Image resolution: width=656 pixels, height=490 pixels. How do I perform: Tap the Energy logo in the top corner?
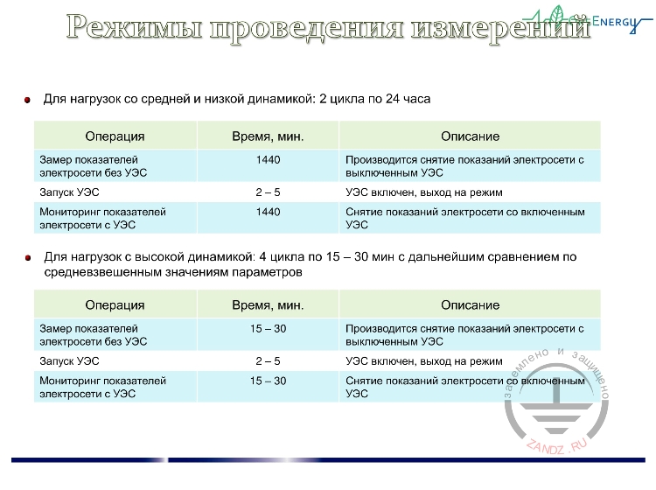point(595,18)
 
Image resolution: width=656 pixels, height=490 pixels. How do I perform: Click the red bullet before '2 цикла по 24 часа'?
point(28,100)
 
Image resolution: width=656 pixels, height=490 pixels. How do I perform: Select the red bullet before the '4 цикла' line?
point(28,258)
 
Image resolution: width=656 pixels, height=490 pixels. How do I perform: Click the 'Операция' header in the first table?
point(115,136)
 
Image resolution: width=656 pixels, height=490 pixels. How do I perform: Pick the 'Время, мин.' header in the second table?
point(268,305)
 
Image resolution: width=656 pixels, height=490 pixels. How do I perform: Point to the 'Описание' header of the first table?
point(470,136)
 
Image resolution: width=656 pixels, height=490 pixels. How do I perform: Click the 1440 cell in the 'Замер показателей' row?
point(268,161)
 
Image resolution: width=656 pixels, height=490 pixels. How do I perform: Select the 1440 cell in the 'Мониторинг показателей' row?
point(268,212)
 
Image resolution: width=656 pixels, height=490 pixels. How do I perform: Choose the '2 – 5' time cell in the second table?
point(268,360)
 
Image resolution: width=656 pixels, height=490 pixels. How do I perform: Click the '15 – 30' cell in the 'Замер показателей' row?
point(268,329)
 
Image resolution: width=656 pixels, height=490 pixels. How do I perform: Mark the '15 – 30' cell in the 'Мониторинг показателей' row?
point(268,381)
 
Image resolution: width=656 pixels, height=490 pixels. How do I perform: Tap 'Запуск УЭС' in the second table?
point(70,360)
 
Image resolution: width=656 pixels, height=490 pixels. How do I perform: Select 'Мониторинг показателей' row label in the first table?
point(102,212)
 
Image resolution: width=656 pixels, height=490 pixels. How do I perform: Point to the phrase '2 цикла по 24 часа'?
point(373,100)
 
